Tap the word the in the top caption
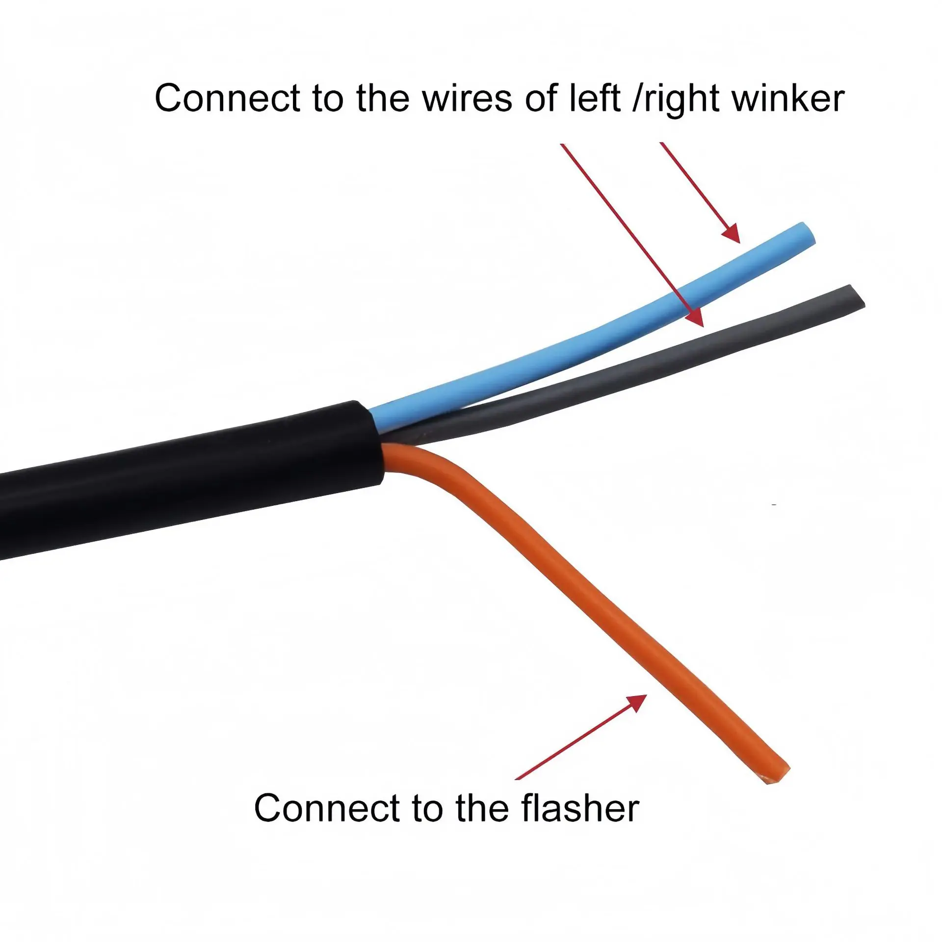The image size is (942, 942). pos(383,98)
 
